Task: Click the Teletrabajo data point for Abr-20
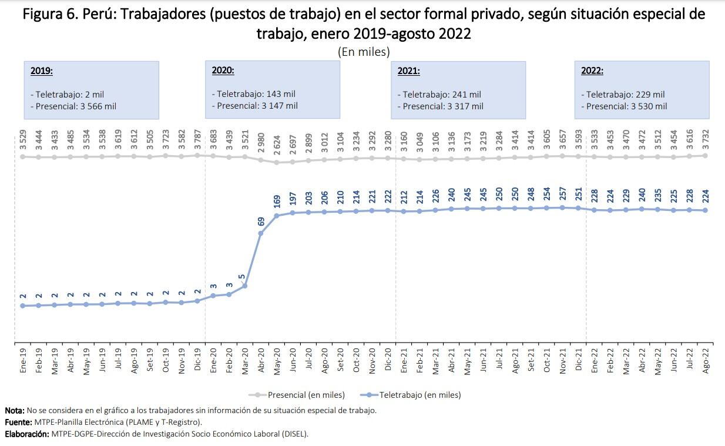click(x=260, y=233)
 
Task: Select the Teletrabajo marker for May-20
click(x=276, y=215)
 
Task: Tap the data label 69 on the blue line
click(x=261, y=222)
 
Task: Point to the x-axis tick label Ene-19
click(x=22, y=360)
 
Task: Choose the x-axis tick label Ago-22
click(x=705, y=360)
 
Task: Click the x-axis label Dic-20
click(x=388, y=360)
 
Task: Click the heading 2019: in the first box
click(x=42, y=71)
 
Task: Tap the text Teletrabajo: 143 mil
click(x=253, y=94)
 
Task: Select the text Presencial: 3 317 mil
click(x=440, y=106)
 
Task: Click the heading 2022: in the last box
click(x=592, y=71)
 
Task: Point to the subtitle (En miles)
click(x=364, y=52)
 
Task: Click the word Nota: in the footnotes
click(x=15, y=411)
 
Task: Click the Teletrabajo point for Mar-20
click(x=244, y=286)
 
